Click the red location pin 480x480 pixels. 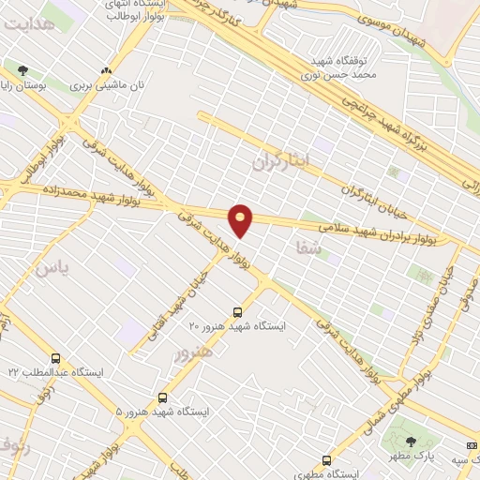tap(242, 219)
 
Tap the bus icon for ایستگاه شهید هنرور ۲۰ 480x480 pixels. tap(236, 310)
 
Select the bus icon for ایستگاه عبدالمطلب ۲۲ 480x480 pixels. tap(55, 358)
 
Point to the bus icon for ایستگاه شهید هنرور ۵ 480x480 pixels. tap(163, 397)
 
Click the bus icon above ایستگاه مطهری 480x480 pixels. tap(326, 460)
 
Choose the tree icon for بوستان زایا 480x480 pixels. tap(22, 69)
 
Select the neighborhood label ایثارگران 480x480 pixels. tap(287, 161)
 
